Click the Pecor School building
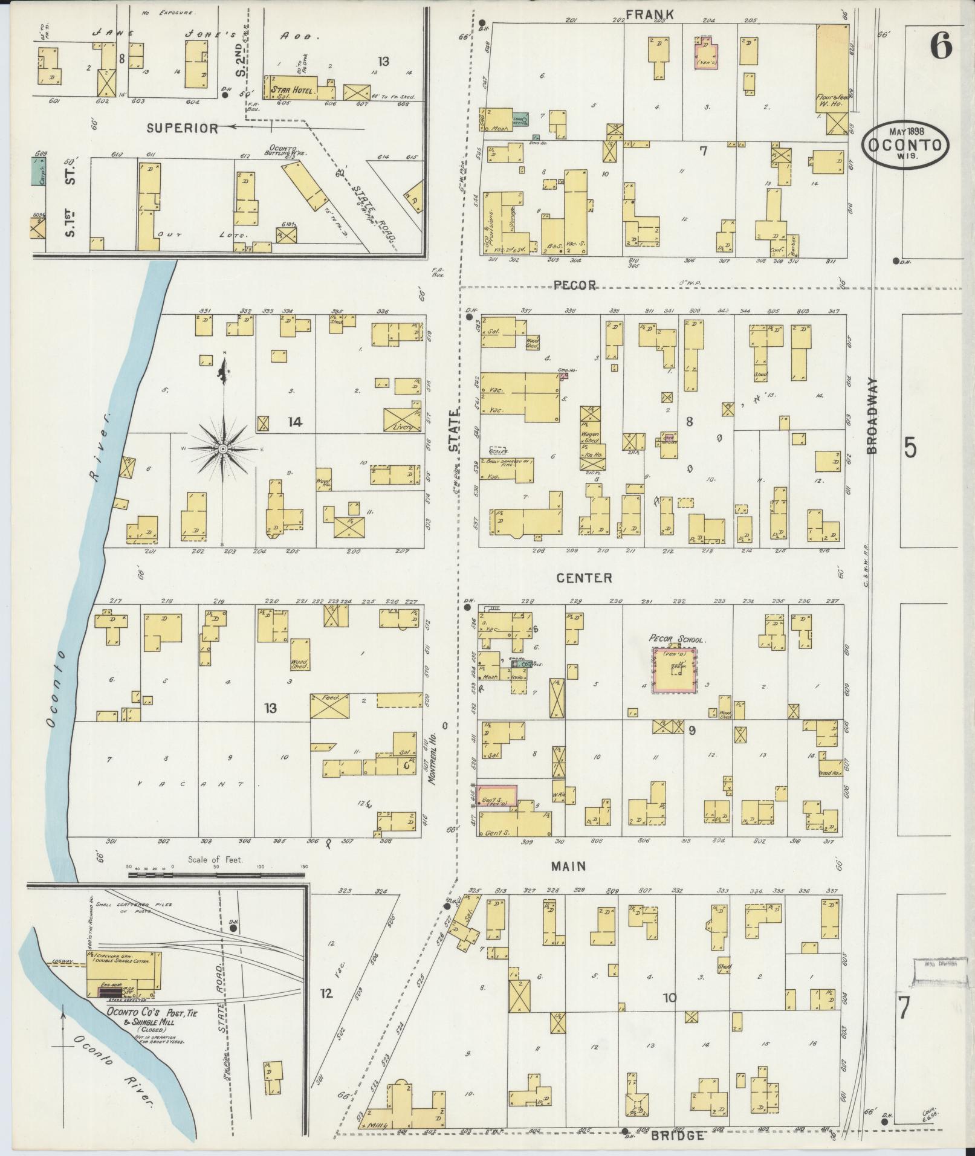pos(674,670)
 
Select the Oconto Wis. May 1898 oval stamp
pos(905,143)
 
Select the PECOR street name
pos(575,285)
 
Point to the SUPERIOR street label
pos(182,128)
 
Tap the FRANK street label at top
pos(641,15)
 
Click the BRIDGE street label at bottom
pos(678,1136)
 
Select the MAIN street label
pos(568,867)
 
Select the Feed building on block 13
pos(330,706)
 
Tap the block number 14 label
pos(294,422)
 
